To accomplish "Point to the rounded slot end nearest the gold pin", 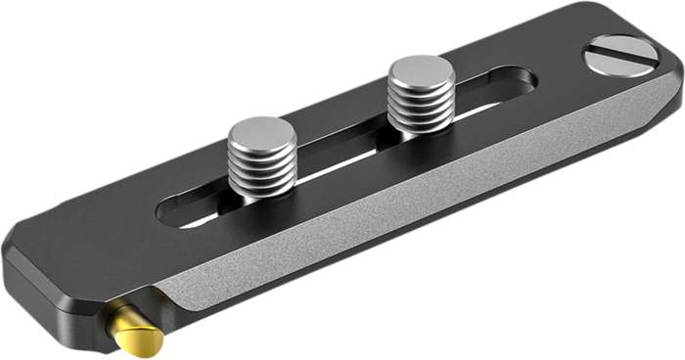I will tap(172, 213).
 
